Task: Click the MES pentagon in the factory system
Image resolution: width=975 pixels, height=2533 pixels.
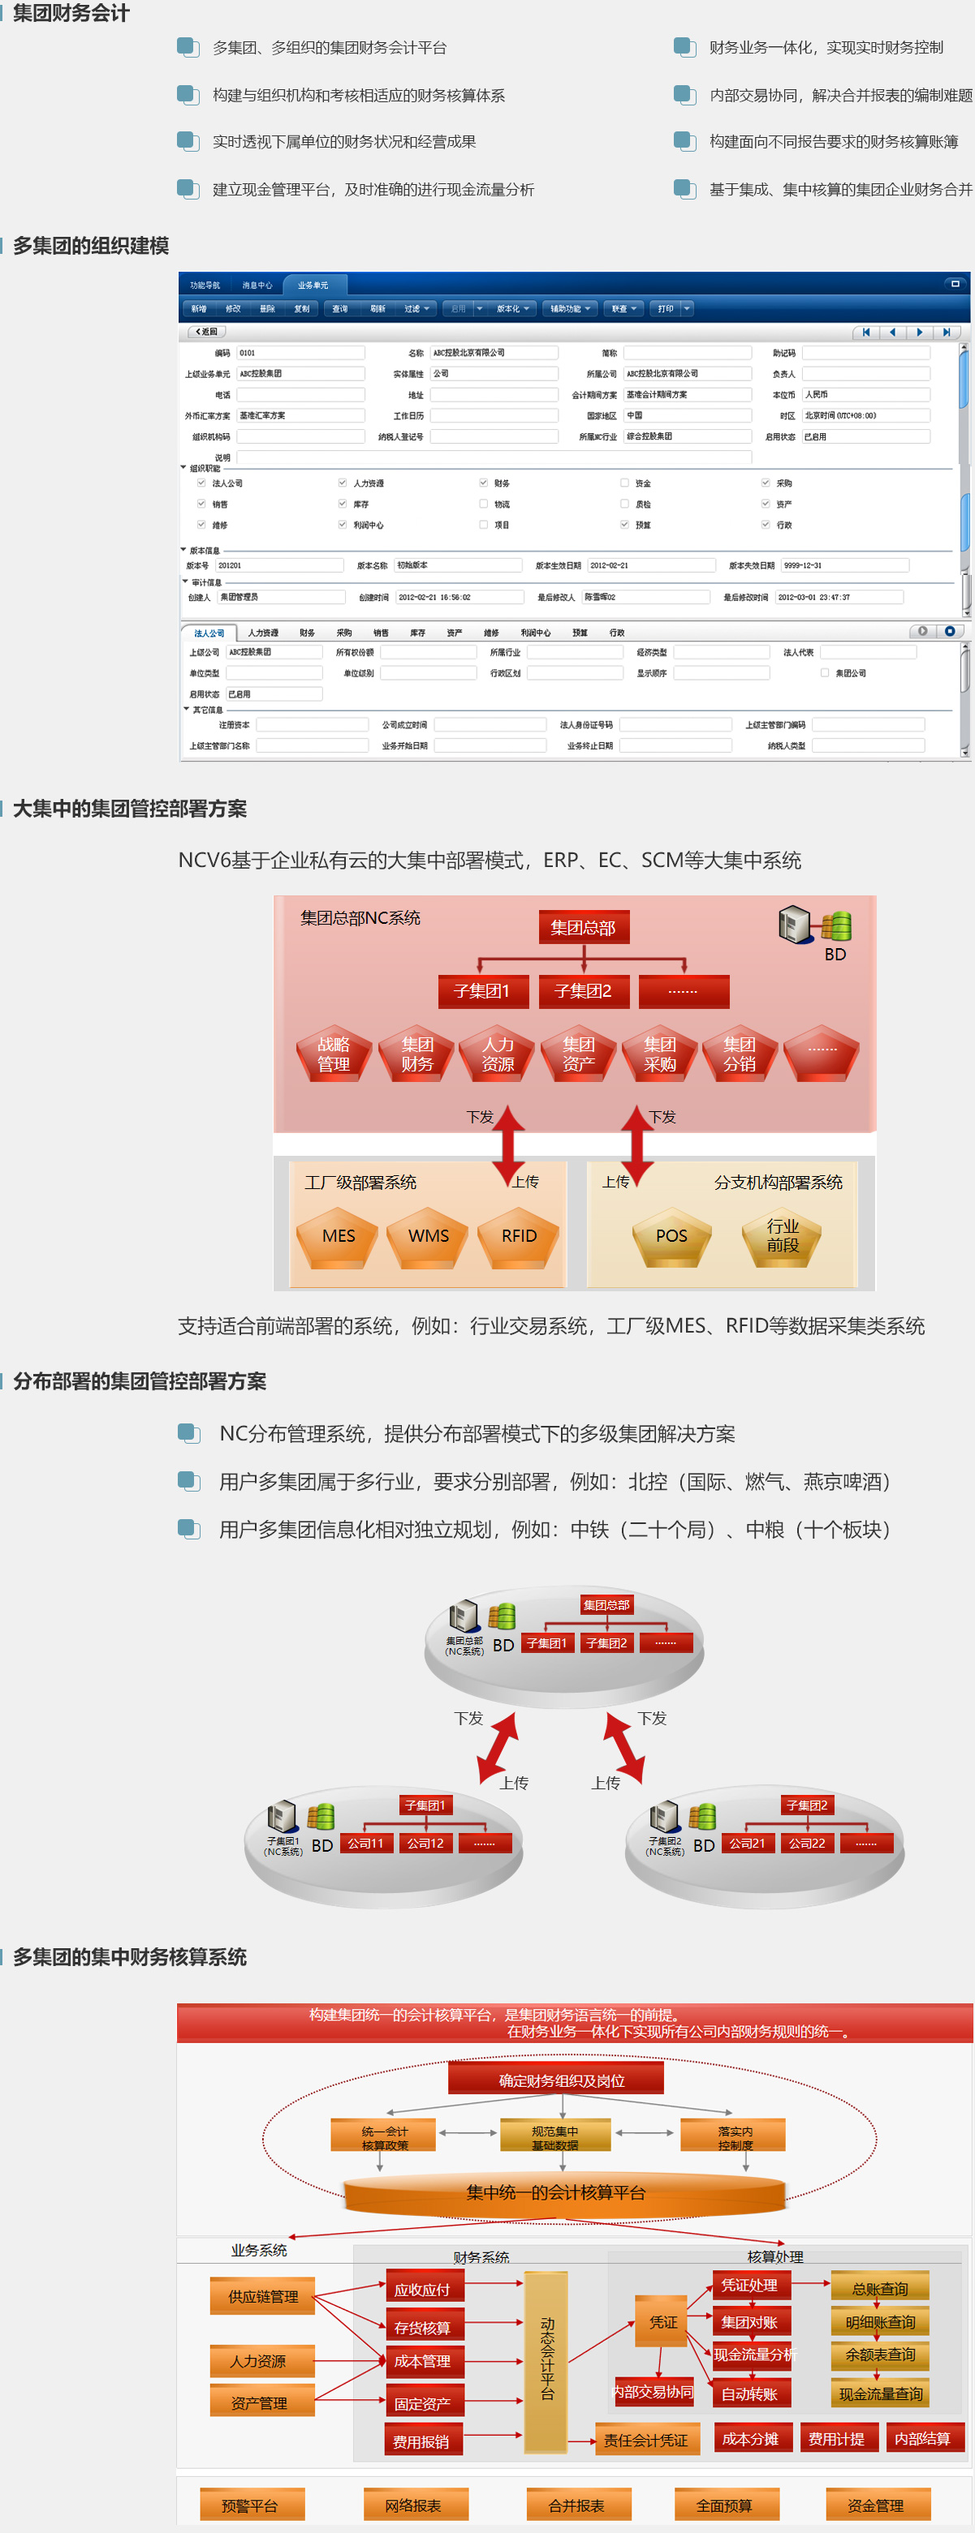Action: (339, 1236)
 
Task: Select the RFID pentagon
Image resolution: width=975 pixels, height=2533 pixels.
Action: (519, 1236)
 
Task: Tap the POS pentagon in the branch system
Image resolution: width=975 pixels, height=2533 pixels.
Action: (671, 1236)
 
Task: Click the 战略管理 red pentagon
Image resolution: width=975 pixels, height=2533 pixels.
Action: (334, 1054)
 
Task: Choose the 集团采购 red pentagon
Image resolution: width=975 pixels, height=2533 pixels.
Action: (659, 1054)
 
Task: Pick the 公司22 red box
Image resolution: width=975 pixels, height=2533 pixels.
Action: (807, 1843)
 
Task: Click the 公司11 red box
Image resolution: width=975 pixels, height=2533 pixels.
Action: (366, 1843)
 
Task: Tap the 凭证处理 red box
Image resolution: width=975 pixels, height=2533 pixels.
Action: (749, 2285)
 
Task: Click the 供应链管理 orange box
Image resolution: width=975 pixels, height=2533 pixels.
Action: (263, 2297)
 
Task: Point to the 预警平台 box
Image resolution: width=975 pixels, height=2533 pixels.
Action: (250, 2505)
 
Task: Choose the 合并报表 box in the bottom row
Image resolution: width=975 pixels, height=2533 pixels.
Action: (576, 2505)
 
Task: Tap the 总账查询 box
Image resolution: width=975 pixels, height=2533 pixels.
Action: (879, 2288)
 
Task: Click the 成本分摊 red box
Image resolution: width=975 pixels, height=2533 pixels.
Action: (749, 2439)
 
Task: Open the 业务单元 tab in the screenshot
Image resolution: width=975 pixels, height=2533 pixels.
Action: (313, 285)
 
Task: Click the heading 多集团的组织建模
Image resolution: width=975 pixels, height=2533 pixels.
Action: (90, 246)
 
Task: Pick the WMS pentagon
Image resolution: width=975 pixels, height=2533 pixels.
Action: (429, 1236)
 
